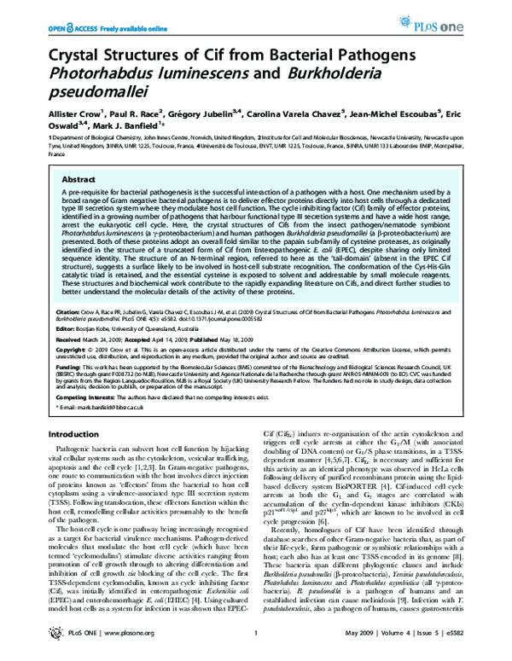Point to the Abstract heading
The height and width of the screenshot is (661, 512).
(x=82, y=181)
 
